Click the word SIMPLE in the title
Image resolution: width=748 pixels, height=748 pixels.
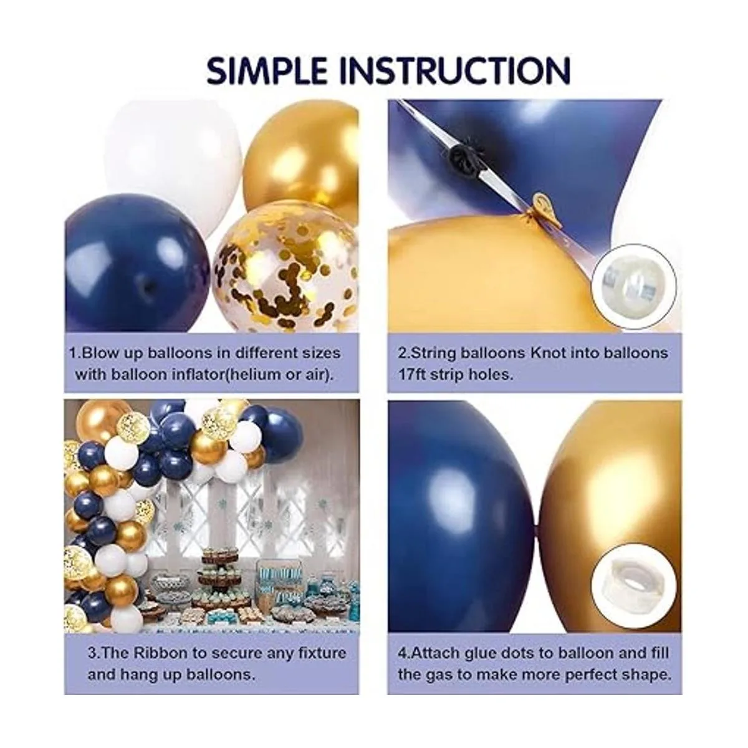click(x=267, y=70)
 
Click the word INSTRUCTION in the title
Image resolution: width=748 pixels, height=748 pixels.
click(x=455, y=70)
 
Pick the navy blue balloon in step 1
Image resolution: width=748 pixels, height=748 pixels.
click(x=138, y=263)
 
